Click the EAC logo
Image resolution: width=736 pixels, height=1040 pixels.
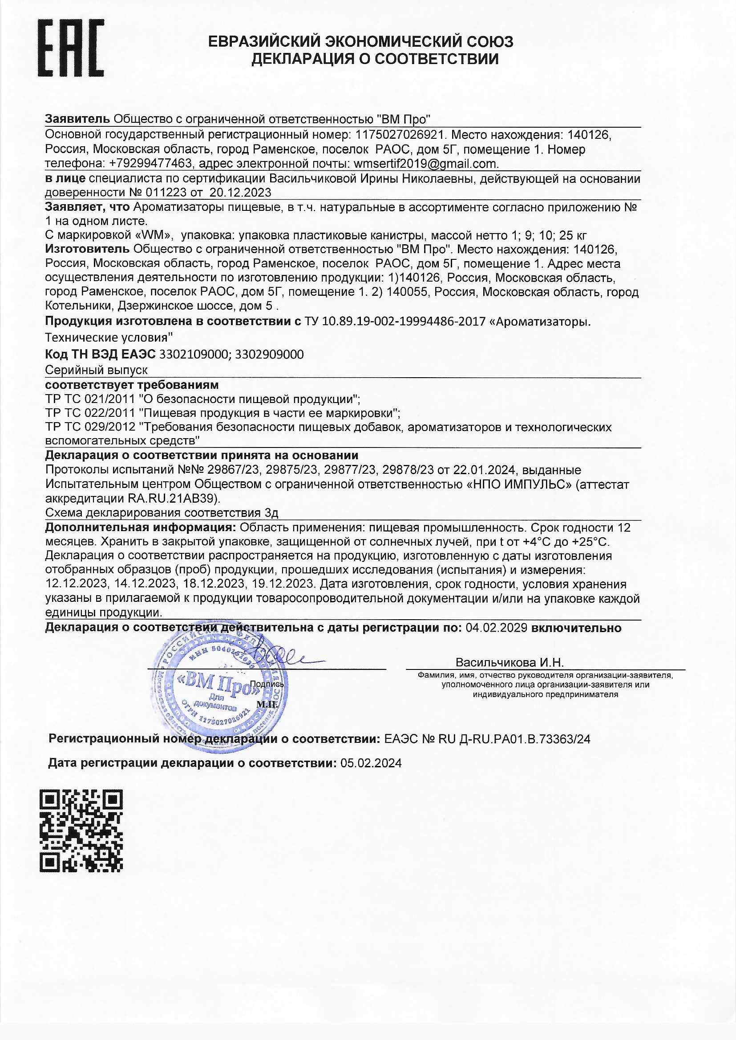click(x=70, y=48)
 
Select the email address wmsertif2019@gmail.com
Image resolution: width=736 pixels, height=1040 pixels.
click(x=425, y=164)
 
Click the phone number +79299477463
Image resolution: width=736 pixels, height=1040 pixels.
click(x=151, y=164)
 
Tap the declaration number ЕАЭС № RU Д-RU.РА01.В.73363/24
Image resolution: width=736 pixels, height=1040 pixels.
click(x=487, y=739)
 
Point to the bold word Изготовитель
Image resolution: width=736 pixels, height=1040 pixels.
click(x=87, y=249)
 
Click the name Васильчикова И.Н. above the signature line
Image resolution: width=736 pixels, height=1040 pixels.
click(x=510, y=663)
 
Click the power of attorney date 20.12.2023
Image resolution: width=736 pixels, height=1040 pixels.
click(x=240, y=193)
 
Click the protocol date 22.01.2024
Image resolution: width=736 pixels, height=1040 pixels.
click(x=489, y=470)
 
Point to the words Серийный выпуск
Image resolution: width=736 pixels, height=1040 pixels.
click(x=97, y=370)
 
